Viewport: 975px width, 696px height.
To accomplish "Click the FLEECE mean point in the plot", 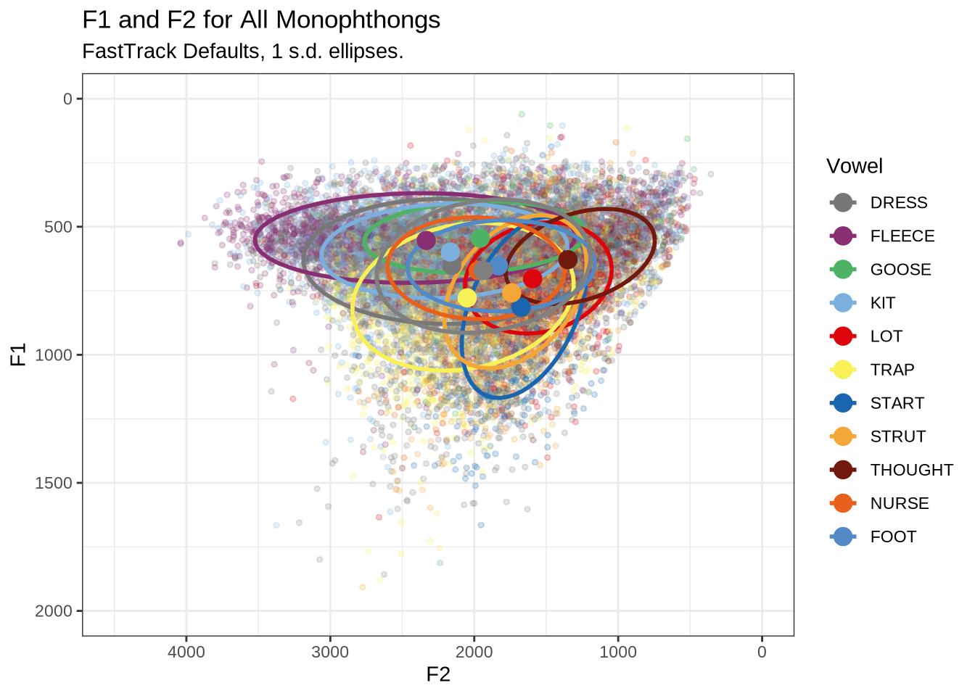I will [x=426, y=240].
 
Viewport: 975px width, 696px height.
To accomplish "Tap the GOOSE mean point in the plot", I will [x=480, y=237].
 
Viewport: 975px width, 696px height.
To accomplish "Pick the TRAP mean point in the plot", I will [x=466, y=297].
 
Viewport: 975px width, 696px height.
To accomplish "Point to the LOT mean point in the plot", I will [x=532, y=278].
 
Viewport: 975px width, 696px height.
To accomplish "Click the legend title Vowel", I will [x=855, y=166].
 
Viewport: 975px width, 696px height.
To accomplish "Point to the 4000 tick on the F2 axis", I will [x=186, y=652].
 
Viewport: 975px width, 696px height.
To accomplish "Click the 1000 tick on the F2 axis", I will [x=618, y=652].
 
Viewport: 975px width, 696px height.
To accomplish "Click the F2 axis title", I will [x=438, y=675].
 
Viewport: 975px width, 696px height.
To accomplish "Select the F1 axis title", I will [x=18, y=355].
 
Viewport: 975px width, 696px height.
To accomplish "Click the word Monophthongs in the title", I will [x=358, y=20].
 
